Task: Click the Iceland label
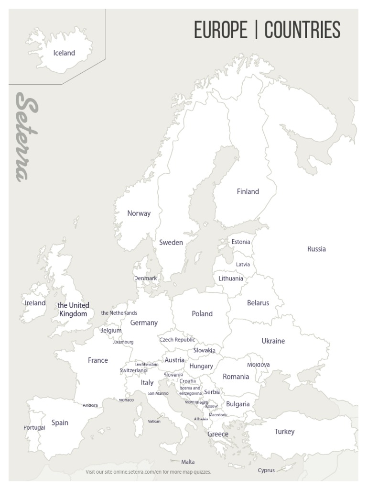pos(64,53)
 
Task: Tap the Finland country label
pos(248,191)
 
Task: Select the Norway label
pos(139,213)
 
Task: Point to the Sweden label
pos(171,243)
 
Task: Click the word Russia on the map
pos(316,249)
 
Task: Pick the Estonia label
pos(241,242)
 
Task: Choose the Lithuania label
pos(231,278)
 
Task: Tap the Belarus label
pos(258,303)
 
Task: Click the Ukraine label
pos(273,341)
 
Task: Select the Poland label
pos(202,314)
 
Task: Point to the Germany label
pos(143,323)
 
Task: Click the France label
pos(97,360)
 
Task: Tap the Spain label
pos(60,423)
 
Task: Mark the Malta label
pos(188,462)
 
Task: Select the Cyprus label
pos(266,470)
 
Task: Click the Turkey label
pos(285,432)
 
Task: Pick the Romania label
pos(236,377)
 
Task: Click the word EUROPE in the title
pos(220,30)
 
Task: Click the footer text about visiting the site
pos(148,472)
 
